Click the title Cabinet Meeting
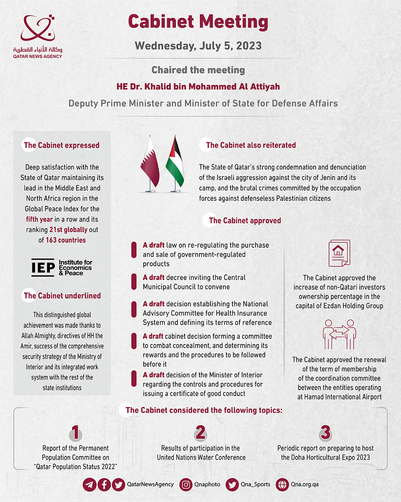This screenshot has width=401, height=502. pyautogui.click(x=198, y=22)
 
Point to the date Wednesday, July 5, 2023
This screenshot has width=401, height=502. pyautogui.click(x=198, y=46)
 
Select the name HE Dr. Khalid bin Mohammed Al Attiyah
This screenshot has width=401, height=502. pyautogui.click(x=198, y=87)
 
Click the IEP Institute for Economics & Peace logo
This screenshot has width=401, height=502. pyautogui.click(x=62, y=268)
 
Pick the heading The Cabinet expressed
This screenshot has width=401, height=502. pyautogui.click(x=62, y=145)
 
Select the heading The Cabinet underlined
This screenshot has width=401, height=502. pyautogui.click(x=62, y=296)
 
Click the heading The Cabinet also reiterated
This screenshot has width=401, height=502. pyautogui.click(x=251, y=145)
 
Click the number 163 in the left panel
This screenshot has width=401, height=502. pyautogui.click(x=51, y=240)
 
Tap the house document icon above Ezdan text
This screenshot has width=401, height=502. pyautogui.click(x=339, y=253)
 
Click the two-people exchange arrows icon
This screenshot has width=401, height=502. pyautogui.click(x=339, y=334)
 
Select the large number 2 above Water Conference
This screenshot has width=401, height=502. pyautogui.click(x=200, y=432)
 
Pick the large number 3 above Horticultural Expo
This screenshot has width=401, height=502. pyautogui.click(x=325, y=432)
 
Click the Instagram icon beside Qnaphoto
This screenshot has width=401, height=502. pyautogui.click(x=186, y=485)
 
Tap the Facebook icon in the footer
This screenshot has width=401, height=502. pyautogui.click(x=104, y=485)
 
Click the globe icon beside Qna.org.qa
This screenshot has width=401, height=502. pyautogui.click(x=282, y=485)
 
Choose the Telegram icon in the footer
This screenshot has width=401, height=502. pyautogui.click(x=89, y=485)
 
